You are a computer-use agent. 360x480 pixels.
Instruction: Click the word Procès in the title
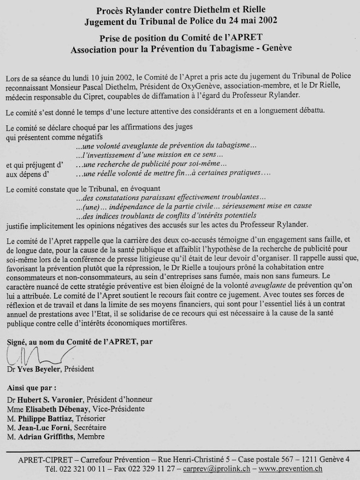point(110,10)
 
